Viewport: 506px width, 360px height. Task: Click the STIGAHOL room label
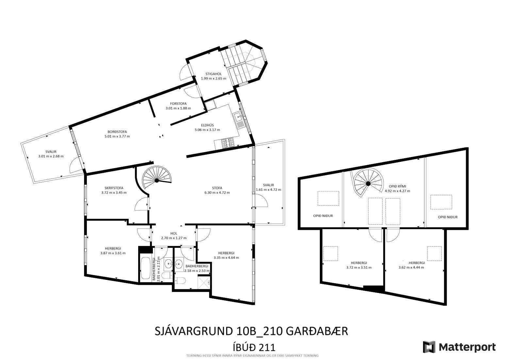pyautogui.click(x=213, y=74)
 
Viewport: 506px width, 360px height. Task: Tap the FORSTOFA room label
pyautogui.click(x=178, y=104)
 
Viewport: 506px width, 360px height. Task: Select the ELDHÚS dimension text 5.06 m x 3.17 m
pyautogui.click(x=207, y=130)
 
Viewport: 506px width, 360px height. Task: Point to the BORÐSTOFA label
pyautogui.click(x=117, y=132)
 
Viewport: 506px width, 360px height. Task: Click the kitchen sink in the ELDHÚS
pyautogui.click(x=238, y=117)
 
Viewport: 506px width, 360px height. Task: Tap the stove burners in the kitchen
pyautogui.click(x=228, y=143)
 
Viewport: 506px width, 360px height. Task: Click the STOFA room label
pyautogui.click(x=217, y=188)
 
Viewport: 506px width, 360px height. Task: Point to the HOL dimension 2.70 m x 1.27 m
pyautogui.click(x=174, y=238)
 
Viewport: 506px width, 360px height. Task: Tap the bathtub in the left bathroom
pyautogui.click(x=145, y=269)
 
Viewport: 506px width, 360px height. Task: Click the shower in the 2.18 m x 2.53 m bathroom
pyautogui.click(x=204, y=283)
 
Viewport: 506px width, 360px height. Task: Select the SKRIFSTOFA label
pyautogui.click(x=114, y=188)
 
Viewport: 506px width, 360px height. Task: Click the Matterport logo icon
pyautogui.click(x=429, y=347)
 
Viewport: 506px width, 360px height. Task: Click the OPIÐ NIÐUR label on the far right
pyautogui.click(x=448, y=217)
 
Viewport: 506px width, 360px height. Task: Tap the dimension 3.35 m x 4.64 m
pyautogui.click(x=226, y=258)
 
